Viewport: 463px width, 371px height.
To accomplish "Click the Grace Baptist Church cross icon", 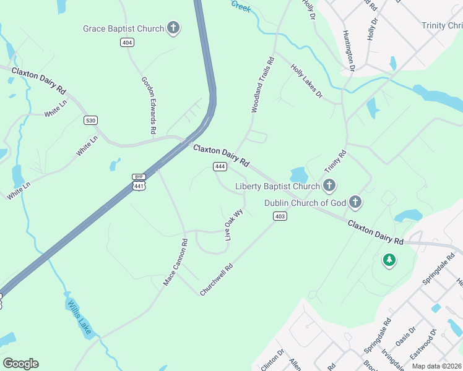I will tap(174, 28).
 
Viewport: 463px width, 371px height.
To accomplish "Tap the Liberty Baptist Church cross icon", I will tap(329, 185).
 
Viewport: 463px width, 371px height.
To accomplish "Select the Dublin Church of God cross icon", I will tap(355, 202).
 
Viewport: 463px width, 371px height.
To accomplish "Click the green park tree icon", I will tap(389, 261).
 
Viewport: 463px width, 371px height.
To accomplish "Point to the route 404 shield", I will tap(127, 42).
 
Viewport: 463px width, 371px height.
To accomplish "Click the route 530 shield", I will tap(90, 120).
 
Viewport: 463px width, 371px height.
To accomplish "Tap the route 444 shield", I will tap(219, 166).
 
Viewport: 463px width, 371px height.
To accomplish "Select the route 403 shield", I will tap(280, 216).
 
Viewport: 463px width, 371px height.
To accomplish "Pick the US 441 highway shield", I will tap(139, 185).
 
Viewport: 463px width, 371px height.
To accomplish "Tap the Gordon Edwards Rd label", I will tap(148, 105).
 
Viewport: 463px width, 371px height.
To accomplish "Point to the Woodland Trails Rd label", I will tap(262, 85).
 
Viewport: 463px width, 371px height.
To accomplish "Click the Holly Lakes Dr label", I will tap(307, 82).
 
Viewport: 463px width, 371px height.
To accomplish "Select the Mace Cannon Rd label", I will tap(175, 262).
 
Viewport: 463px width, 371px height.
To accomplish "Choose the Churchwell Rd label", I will tap(216, 279).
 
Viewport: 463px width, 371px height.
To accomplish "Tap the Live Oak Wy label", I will tap(234, 224).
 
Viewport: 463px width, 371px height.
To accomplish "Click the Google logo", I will tap(20, 364).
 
